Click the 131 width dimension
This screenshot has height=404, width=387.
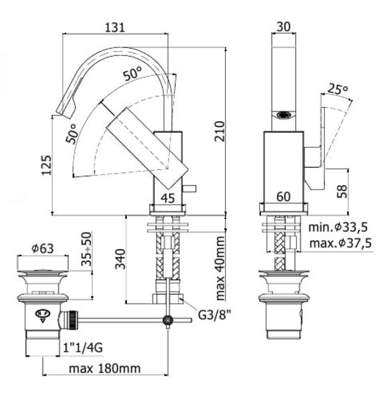tap(115, 27)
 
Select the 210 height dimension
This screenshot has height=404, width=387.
tap(220, 131)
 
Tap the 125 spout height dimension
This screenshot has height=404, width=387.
tap(47, 165)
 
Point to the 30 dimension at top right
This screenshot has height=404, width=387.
tap(284, 27)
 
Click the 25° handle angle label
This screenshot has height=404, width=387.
tap(338, 89)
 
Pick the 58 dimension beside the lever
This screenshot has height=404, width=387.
tap(342, 191)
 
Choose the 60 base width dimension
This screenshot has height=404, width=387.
tap(284, 197)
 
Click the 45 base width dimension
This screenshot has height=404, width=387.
tap(168, 198)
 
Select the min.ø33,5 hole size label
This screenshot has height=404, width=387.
tap(338, 227)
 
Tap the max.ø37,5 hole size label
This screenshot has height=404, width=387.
tap(340, 243)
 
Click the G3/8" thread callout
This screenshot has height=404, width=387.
tap(214, 314)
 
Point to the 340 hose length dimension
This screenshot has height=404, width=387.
tap(120, 259)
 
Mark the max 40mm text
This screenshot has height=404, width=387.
tap(220, 268)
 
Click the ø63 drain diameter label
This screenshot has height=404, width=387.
tap(42, 248)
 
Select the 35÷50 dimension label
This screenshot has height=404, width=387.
tap(87, 249)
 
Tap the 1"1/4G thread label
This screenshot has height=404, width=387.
tap(83, 348)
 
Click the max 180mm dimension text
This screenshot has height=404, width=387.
tap(105, 369)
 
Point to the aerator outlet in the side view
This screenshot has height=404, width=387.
tap(284, 115)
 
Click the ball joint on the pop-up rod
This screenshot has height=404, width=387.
tap(168, 320)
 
